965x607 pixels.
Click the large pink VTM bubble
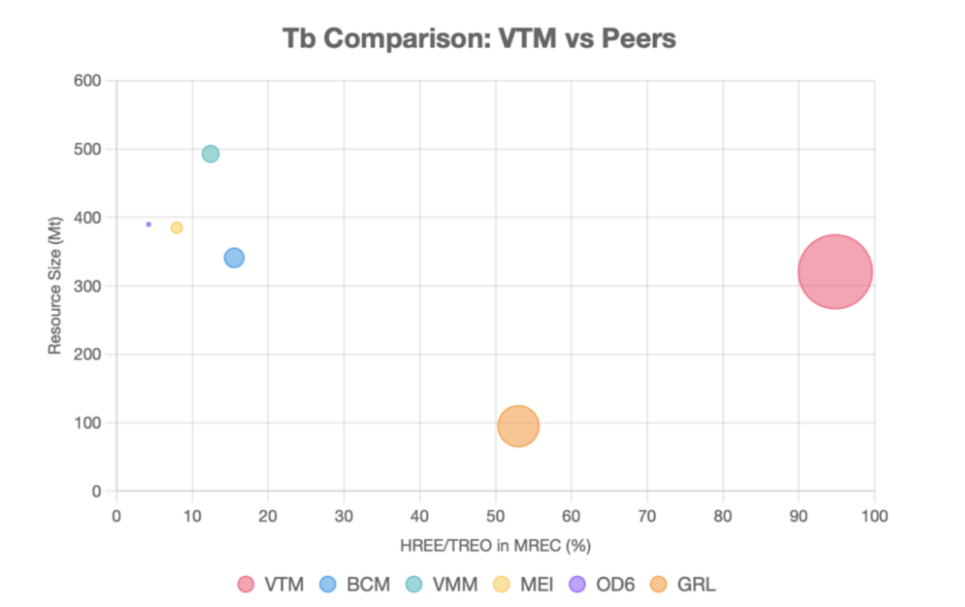[x=835, y=272]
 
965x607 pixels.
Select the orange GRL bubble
[x=518, y=426]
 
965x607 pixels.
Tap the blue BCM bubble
[x=234, y=258]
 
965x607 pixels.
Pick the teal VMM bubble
[x=210, y=154]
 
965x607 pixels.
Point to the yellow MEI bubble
[x=176, y=228]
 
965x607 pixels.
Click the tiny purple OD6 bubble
[x=149, y=224]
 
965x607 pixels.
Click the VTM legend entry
[x=271, y=584]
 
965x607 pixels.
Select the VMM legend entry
[x=441, y=584]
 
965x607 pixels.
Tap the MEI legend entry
[x=524, y=584]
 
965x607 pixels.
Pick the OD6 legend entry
[x=602, y=584]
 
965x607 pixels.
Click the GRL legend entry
[x=683, y=584]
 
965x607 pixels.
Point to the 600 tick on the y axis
[x=88, y=81]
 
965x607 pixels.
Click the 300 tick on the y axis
[x=88, y=286]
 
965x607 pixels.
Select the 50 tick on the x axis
[x=495, y=516]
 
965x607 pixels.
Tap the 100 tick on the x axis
[x=874, y=516]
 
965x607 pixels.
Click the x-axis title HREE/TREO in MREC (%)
[x=495, y=546]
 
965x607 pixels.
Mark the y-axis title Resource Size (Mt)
[x=55, y=285]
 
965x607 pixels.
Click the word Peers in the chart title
[x=639, y=39]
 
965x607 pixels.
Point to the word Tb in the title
[x=299, y=39]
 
